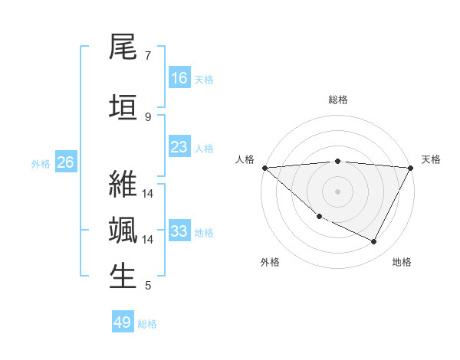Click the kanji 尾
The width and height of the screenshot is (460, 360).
pyautogui.click(x=123, y=47)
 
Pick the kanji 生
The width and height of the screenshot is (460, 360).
pyautogui.click(x=123, y=277)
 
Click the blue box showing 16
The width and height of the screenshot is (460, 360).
pyautogui.click(x=179, y=78)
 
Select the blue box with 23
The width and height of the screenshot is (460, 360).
pyautogui.click(x=179, y=147)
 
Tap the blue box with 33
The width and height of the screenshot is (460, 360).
pyautogui.click(x=179, y=231)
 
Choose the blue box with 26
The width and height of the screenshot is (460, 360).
pyautogui.click(x=65, y=162)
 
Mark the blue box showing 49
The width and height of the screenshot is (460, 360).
pyautogui.click(x=123, y=322)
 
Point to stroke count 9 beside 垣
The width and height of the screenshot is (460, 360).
pyautogui.click(x=147, y=116)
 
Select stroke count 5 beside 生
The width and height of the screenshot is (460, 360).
pyautogui.click(x=147, y=286)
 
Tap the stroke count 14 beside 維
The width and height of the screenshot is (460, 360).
pyautogui.click(x=148, y=193)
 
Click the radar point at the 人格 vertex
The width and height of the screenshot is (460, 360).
pyautogui.click(x=264, y=168)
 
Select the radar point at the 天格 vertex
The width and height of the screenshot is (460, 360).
pyautogui.click(x=411, y=168)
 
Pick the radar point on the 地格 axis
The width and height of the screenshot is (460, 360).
pyautogui.click(x=374, y=242)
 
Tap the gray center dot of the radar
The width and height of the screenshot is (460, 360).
pyautogui.click(x=337, y=191)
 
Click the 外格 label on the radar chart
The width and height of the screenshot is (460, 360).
pyautogui.click(x=270, y=262)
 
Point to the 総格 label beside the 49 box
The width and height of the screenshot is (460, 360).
pyautogui.click(x=147, y=324)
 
